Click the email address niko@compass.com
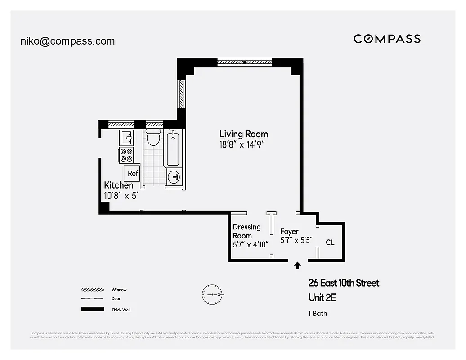[67, 41]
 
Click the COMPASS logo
[387, 39]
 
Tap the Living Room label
[243, 134]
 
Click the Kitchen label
[119, 185]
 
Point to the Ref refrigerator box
[133, 173]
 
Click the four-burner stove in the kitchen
[126, 155]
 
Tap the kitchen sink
[126, 136]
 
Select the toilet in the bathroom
[153, 137]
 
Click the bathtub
[174, 148]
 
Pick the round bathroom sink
[174, 177]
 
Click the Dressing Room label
[246, 231]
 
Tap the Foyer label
[289, 231]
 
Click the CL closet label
[330, 243]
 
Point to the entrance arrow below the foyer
[297, 265]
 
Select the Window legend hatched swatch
[92, 290]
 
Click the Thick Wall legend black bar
[92, 310]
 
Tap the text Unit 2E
[322, 297]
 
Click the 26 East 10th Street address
[344, 283]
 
